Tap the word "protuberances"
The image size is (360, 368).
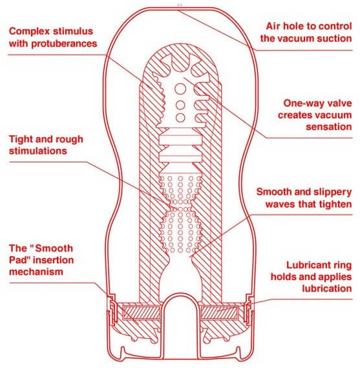click(x=64, y=43)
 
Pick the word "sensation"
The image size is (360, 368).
click(x=329, y=127)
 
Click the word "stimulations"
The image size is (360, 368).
click(x=38, y=151)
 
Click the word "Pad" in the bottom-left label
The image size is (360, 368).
click(x=19, y=260)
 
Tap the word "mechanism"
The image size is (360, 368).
click(x=36, y=272)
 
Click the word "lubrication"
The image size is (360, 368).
click(x=327, y=288)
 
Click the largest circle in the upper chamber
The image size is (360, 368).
click(x=180, y=89)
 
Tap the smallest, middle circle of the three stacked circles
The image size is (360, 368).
click(x=180, y=105)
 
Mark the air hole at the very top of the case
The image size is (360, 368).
click(x=180, y=5)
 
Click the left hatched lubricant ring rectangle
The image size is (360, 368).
click(x=142, y=312)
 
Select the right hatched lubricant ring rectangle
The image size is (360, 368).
click(x=219, y=312)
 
